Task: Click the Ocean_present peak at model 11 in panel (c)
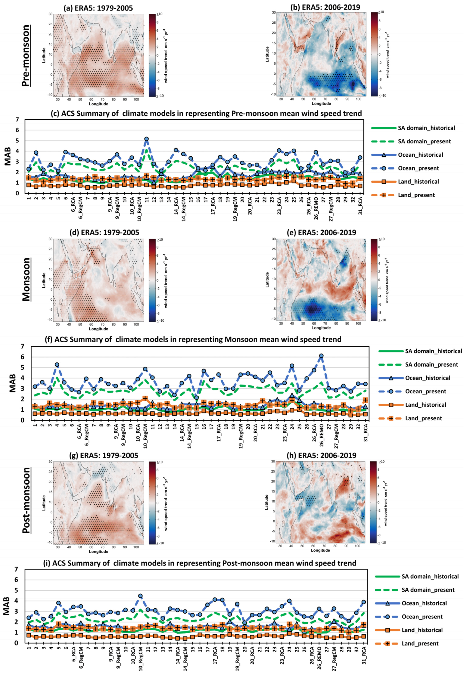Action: tap(147, 139)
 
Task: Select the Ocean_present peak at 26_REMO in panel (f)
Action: tap(321, 355)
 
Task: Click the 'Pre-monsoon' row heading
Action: tap(26, 56)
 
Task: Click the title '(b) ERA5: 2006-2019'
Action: tap(325, 7)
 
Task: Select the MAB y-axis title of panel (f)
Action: tap(12, 383)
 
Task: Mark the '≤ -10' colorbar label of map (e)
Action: tap(382, 320)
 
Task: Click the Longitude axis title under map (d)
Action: tap(98, 329)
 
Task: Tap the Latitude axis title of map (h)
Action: tap(266, 502)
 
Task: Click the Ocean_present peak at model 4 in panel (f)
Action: tap(57, 365)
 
